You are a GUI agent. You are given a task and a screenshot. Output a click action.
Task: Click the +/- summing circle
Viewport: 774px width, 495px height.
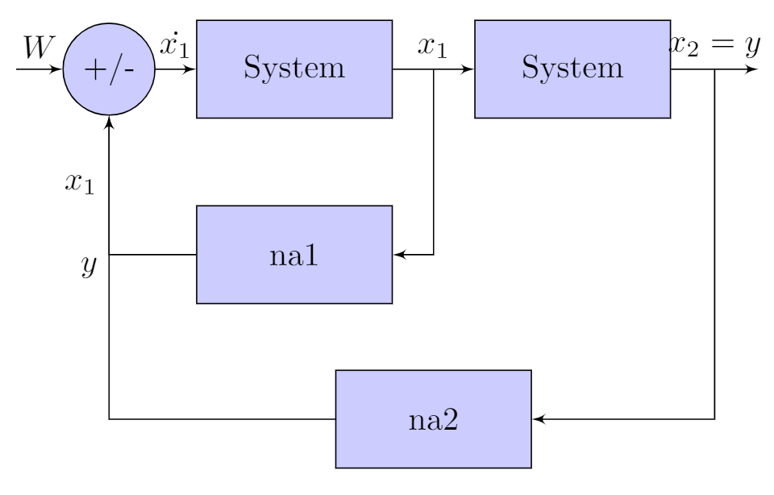109,69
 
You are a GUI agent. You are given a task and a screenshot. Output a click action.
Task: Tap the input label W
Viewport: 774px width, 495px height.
36,48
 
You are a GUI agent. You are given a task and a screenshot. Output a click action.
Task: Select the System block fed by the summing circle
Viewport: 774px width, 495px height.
294,69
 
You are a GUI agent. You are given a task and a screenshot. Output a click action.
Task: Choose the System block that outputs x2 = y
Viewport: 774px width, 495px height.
572,69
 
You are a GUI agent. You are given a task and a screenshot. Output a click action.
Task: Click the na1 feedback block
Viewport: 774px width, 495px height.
294,255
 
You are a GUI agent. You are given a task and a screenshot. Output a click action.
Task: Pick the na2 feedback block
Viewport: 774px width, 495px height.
434,419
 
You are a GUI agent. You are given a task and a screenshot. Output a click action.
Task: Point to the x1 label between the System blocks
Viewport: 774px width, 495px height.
431,48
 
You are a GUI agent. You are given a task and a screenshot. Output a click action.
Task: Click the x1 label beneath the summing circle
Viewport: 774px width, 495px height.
80,184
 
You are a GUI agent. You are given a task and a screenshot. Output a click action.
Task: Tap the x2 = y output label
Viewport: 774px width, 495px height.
714,48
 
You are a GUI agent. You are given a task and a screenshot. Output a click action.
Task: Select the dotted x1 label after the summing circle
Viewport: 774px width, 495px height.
174,46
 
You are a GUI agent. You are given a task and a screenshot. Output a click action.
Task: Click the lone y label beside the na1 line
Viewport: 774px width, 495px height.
89,264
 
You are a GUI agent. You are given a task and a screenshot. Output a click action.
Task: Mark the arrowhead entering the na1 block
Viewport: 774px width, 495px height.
397,255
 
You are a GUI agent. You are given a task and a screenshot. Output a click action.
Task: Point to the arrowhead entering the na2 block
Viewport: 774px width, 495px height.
537,419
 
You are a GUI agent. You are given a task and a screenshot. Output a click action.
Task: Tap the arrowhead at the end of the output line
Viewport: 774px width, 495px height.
752,69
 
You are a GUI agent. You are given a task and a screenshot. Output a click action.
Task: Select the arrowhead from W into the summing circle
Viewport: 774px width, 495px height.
56,69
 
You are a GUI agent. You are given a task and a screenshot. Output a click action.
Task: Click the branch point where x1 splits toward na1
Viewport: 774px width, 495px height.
435,69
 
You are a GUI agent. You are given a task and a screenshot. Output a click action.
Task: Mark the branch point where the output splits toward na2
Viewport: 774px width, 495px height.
715,69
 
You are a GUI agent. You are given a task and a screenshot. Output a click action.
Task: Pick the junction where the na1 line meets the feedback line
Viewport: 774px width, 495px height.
109,255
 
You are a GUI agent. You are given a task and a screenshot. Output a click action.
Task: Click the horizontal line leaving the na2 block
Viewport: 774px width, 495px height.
222,419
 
